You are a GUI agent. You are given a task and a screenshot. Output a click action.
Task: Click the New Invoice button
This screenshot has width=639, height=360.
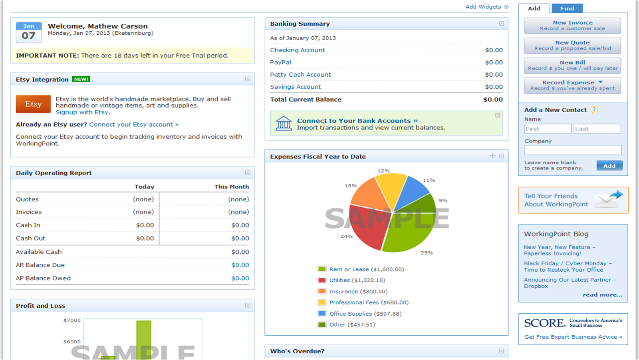point(572,26)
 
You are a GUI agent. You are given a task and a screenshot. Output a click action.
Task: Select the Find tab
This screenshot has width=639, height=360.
point(567,8)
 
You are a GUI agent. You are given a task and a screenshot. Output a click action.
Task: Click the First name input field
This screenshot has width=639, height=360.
point(548,129)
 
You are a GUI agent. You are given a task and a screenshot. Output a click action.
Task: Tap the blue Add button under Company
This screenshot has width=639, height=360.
point(609,166)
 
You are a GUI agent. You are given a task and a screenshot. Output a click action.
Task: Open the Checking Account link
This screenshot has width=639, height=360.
point(298,50)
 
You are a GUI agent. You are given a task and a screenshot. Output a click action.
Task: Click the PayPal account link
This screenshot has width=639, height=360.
point(280,62)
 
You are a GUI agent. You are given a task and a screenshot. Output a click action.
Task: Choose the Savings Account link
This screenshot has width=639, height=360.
point(295,87)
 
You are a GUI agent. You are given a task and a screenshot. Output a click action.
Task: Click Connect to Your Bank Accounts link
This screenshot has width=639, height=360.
point(357,121)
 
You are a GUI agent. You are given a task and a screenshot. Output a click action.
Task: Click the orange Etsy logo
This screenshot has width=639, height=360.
point(33,104)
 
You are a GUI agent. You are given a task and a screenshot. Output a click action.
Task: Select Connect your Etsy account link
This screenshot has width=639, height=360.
point(134,124)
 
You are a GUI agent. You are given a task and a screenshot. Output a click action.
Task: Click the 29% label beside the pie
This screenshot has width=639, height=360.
point(427,253)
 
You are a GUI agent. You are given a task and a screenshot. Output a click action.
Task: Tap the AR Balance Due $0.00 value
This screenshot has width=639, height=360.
point(240,265)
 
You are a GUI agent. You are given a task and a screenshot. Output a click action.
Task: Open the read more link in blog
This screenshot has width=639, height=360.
point(602,294)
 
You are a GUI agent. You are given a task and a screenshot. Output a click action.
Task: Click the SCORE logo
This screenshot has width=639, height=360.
point(545,323)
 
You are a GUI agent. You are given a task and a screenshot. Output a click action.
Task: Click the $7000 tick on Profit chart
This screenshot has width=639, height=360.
point(72,320)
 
